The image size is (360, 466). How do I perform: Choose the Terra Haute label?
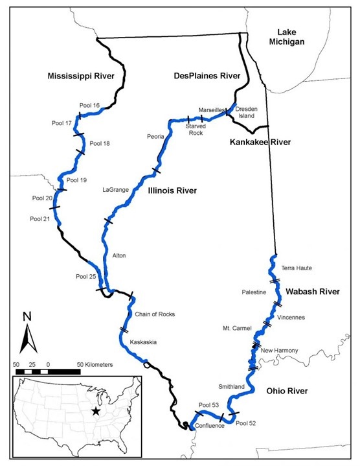coord(297,268)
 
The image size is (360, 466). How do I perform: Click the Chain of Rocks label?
coord(155,314)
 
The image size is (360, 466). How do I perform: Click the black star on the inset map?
coord(96,411)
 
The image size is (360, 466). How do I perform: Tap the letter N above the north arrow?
coord(27,317)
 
